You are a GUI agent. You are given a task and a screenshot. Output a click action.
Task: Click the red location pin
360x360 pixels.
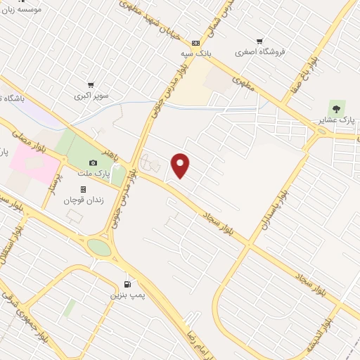click(181, 165)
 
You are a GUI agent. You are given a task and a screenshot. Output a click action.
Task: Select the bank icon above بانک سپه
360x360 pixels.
click(195, 43)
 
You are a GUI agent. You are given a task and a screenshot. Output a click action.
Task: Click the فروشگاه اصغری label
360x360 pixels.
click(260, 52)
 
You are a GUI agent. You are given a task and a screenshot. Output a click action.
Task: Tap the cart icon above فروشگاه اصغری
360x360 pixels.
click(259, 41)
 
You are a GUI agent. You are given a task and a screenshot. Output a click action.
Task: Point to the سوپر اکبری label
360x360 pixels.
click(91, 94)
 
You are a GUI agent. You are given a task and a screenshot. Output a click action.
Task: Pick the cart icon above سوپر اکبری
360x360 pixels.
click(91, 84)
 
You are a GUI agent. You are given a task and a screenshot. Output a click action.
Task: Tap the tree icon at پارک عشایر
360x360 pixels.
click(336, 108)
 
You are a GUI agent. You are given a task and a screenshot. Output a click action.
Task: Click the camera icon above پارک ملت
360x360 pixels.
click(93, 163)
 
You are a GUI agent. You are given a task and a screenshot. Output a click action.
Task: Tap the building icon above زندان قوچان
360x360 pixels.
click(83, 189)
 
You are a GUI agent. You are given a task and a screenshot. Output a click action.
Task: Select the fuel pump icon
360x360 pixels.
click(127, 284)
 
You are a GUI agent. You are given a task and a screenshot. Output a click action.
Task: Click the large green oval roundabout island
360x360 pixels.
click(99, 247)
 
